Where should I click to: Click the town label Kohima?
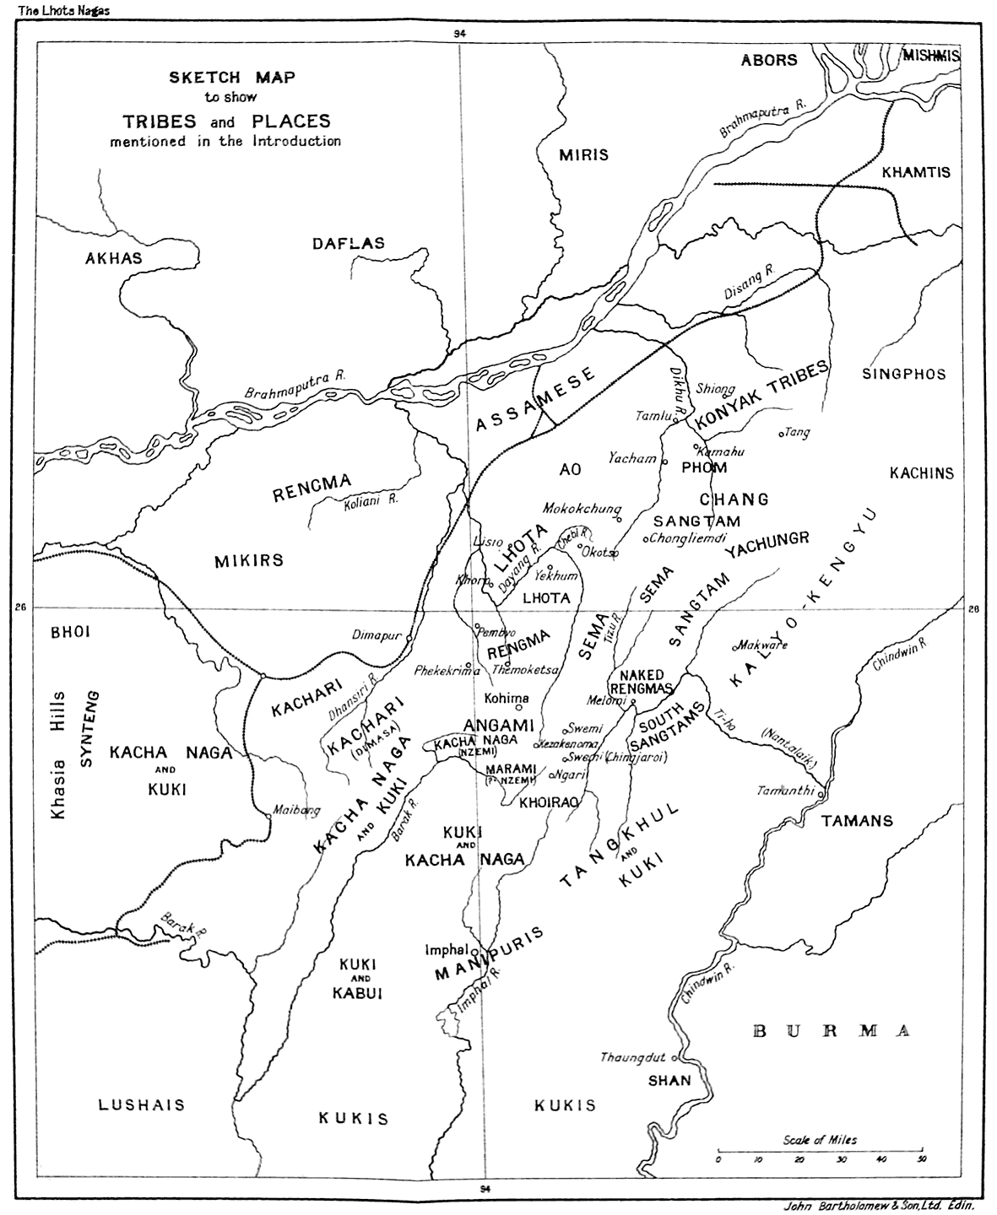[x=507, y=698]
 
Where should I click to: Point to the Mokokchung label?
[x=582, y=510]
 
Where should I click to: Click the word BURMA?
[x=831, y=1031]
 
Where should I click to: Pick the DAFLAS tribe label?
[x=348, y=244]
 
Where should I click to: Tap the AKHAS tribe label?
[x=113, y=258]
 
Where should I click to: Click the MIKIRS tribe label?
[x=248, y=560]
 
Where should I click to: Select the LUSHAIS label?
[x=141, y=1104]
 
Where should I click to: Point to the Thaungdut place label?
[x=633, y=1057]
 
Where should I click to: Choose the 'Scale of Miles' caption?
[x=820, y=1140]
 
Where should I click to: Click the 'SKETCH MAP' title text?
[x=231, y=78]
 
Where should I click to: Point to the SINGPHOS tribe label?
[x=904, y=374]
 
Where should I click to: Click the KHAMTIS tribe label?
[x=916, y=172]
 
